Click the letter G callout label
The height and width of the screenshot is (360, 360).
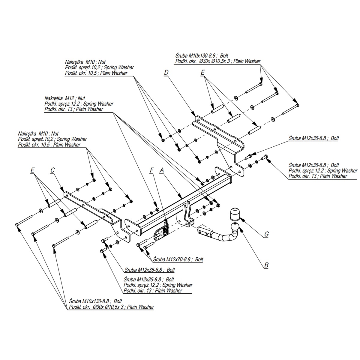click(x=266, y=234)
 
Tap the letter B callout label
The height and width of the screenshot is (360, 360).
click(x=266, y=265)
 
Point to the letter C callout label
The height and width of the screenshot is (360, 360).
click(x=52, y=170)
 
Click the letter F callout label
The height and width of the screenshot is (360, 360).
click(x=152, y=170)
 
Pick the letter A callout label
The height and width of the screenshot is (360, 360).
click(x=162, y=170)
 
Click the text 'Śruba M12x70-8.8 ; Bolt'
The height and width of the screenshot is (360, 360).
click(x=178, y=259)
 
